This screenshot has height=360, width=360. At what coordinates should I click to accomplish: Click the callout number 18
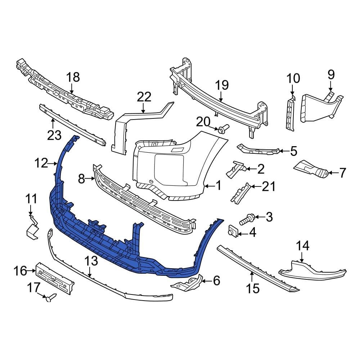coord(73,77)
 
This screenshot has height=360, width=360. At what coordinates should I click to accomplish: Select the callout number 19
coord(222,85)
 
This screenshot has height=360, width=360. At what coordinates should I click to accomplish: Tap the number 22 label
coord(144,97)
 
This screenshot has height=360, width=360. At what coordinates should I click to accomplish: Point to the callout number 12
coord(41,163)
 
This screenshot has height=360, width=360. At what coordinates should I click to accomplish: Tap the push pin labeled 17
coord(51,297)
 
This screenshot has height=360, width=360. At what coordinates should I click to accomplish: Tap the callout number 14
coord(303,246)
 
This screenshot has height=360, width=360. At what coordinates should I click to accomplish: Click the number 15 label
coord(253,288)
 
